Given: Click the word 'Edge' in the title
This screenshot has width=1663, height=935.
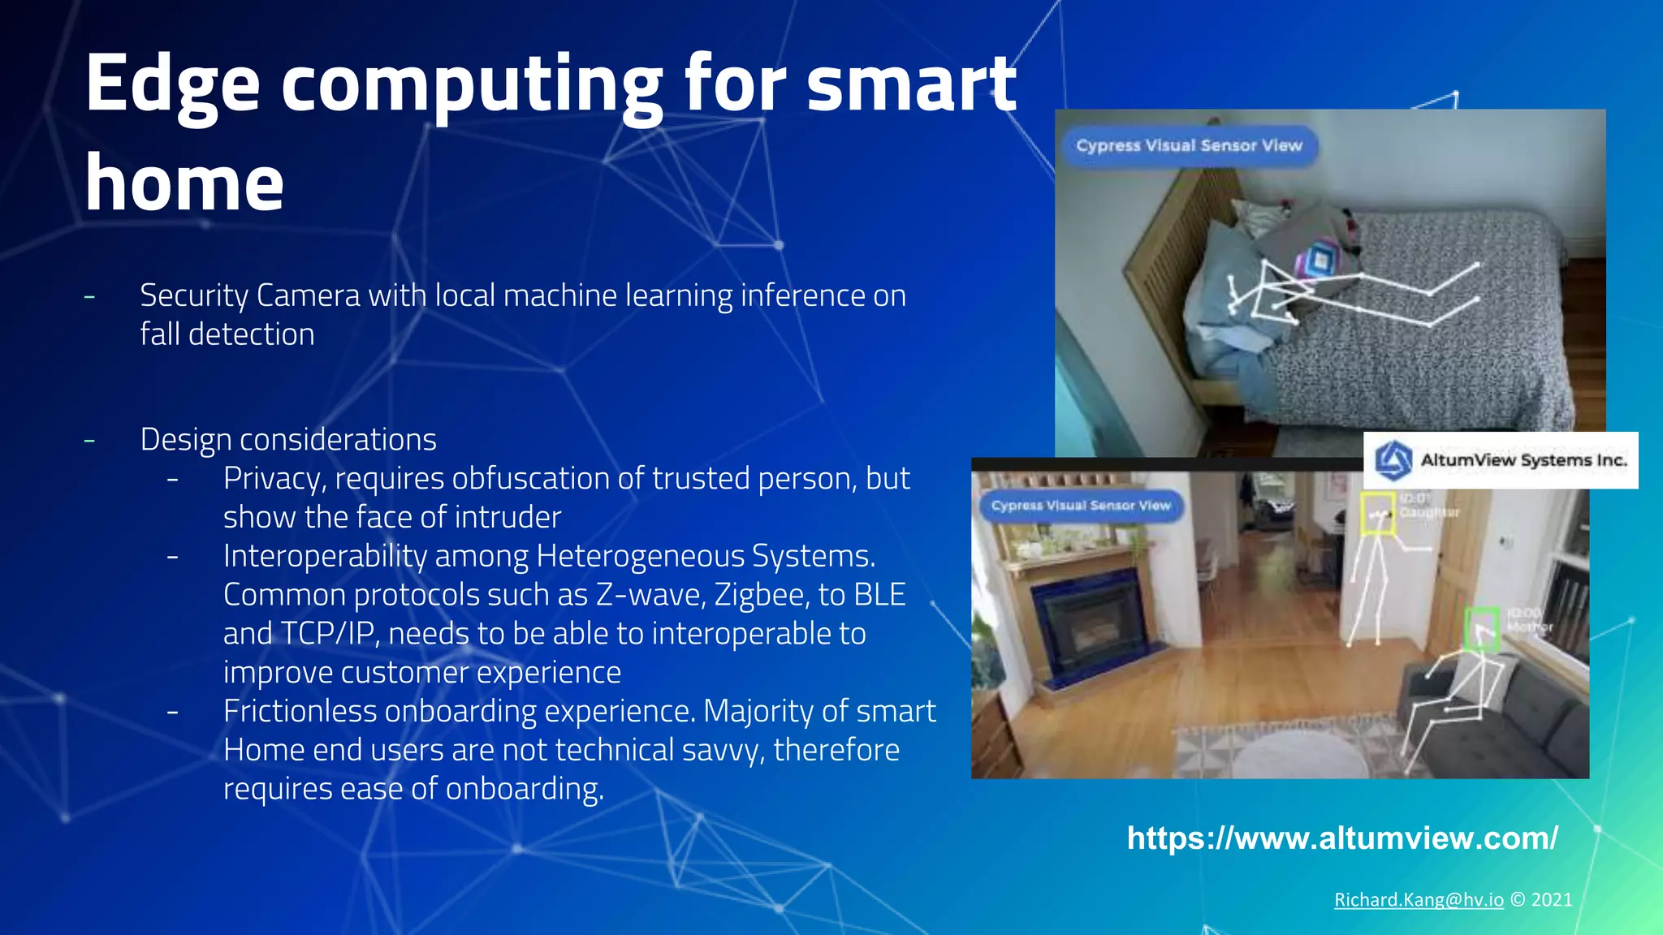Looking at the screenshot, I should [x=171, y=85].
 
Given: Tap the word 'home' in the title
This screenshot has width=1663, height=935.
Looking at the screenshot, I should [x=184, y=184].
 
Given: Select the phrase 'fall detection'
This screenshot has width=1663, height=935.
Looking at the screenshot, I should [x=227, y=334].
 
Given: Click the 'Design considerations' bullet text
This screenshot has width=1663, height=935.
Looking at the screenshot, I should [x=288, y=440].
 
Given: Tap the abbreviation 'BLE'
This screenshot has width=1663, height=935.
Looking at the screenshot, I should [x=879, y=595].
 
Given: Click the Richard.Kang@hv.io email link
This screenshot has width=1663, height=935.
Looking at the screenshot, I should [x=1419, y=900].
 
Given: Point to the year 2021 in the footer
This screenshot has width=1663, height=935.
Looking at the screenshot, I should [x=1552, y=900].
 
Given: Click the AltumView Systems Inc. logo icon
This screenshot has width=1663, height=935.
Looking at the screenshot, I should [x=1393, y=460].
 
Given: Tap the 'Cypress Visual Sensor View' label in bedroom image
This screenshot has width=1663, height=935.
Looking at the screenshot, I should [x=1189, y=146].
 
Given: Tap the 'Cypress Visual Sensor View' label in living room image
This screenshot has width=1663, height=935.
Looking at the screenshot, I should [x=1081, y=506].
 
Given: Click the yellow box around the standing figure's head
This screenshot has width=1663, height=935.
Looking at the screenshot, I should [x=1378, y=513].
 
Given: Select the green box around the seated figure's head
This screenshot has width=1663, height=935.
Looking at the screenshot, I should [x=1481, y=628].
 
